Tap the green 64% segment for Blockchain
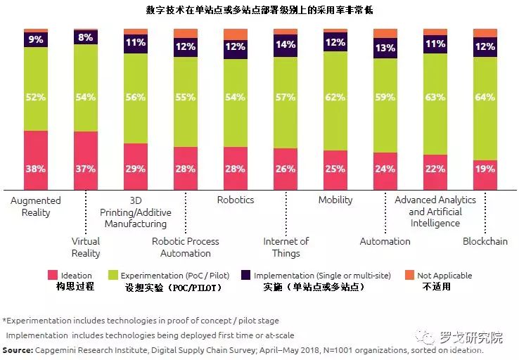(x=485, y=108)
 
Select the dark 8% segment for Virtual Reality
(x=86, y=38)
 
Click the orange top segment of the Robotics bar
(x=236, y=34)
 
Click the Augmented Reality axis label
(x=36, y=206)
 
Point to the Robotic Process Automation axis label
(x=186, y=247)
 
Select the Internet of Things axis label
(x=286, y=247)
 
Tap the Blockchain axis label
(x=485, y=241)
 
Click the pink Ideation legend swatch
(x=52, y=276)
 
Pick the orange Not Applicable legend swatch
(x=411, y=276)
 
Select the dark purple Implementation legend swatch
(x=245, y=276)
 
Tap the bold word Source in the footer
(x=18, y=349)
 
